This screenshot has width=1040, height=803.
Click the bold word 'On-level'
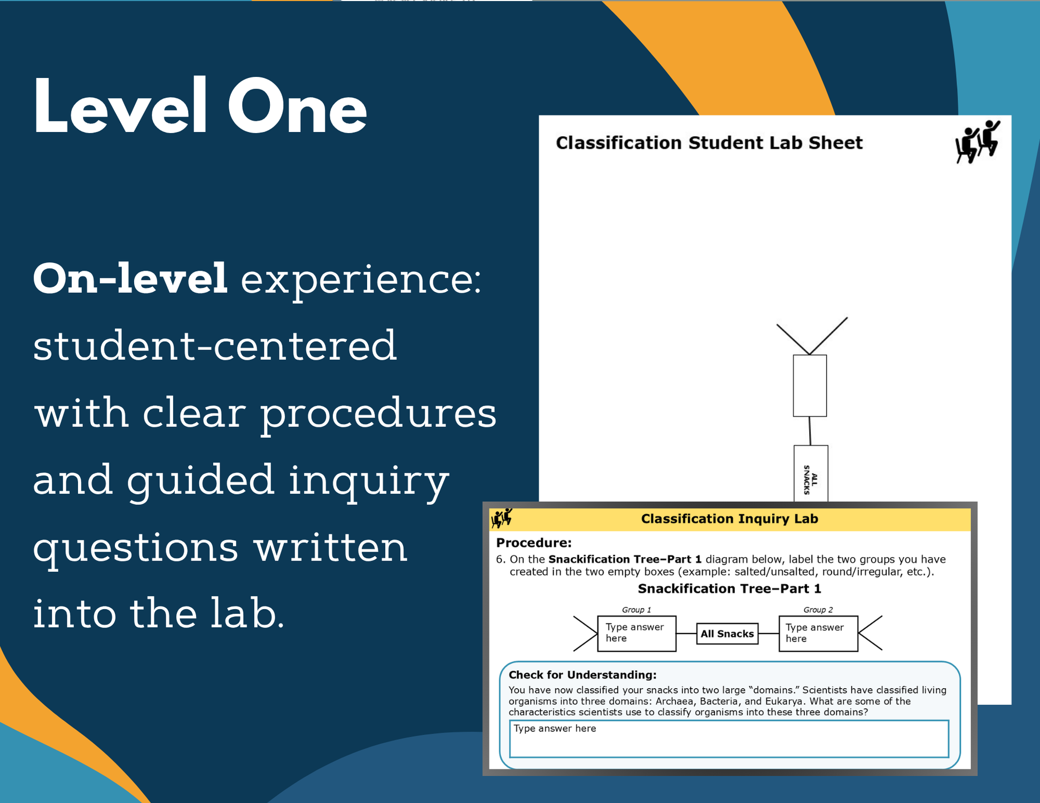pyautogui.click(x=130, y=278)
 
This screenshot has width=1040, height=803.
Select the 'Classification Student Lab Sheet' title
pyautogui.click(x=709, y=143)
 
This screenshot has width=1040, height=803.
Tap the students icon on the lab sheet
pyautogui.click(x=977, y=142)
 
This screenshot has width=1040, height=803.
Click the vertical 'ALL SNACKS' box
pyautogui.click(x=811, y=473)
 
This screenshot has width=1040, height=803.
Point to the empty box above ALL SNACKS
pyautogui.click(x=810, y=385)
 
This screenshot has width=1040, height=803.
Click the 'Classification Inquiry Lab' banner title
pyautogui.click(x=729, y=519)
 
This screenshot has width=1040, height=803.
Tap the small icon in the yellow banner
pyautogui.click(x=502, y=518)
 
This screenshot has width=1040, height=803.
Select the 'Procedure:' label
pyautogui.click(x=534, y=543)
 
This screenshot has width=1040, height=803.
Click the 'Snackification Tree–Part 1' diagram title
pyautogui.click(x=729, y=589)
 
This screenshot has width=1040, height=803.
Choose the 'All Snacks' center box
pyautogui.click(x=727, y=634)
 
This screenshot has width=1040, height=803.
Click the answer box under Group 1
pyautogui.click(x=637, y=634)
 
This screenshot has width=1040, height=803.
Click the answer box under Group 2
pyautogui.click(x=818, y=634)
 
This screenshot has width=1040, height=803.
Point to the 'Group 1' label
pyautogui.click(x=637, y=610)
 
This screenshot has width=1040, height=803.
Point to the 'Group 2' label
pyautogui.click(x=818, y=610)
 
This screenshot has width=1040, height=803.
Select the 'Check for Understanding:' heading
pyautogui.click(x=583, y=675)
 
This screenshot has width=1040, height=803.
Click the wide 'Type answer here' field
pyautogui.click(x=729, y=739)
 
